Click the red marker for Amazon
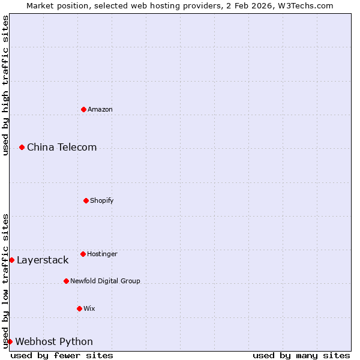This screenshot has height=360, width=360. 83,109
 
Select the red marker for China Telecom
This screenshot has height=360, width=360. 22,147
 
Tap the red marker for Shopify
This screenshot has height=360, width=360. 86,200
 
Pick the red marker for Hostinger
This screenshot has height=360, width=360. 83,254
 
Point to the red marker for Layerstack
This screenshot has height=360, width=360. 11,260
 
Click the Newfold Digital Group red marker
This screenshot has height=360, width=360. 66,281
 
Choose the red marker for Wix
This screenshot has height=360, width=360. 79,308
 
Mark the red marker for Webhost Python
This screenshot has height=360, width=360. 10,341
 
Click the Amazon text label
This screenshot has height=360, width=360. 100,109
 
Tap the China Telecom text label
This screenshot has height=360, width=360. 62,147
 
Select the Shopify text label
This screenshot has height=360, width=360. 102,200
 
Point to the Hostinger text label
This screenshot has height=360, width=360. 102,254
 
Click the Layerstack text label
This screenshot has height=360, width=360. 43,260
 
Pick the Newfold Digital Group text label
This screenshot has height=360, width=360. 105,281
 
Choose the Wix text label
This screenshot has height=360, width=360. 89,308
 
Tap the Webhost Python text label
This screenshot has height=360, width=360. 54,341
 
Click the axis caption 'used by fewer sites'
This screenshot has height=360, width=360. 62,355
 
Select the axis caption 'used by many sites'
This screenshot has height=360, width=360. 301,355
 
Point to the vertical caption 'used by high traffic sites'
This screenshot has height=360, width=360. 5,85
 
